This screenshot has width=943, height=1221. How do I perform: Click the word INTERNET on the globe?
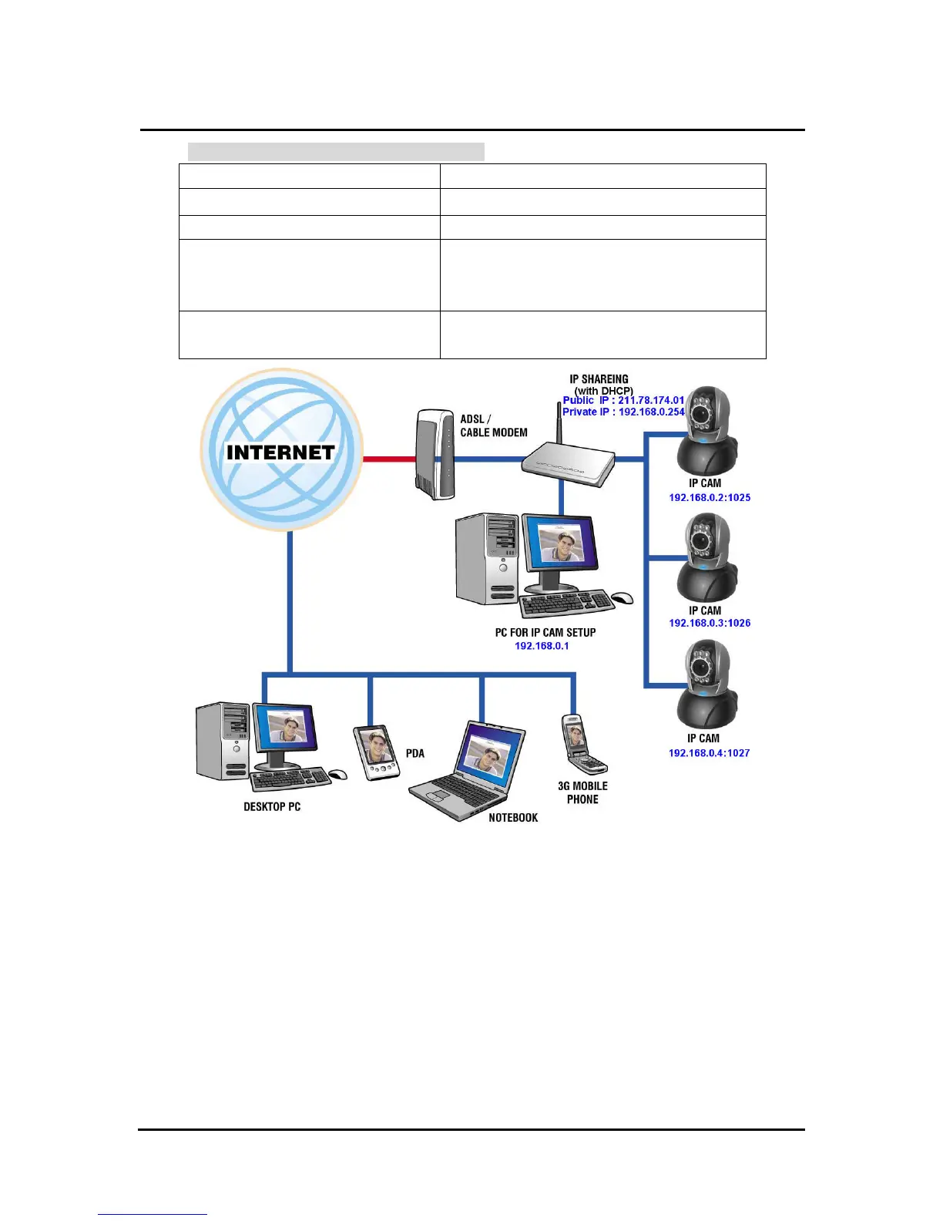[x=280, y=452]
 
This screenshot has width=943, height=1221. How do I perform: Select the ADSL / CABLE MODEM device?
[x=434, y=455]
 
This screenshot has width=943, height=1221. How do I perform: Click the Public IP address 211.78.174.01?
[x=651, y=400]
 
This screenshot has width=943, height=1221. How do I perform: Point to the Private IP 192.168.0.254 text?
[x=651, y=412]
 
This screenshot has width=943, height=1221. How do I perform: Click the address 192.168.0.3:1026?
[x=710, y=623]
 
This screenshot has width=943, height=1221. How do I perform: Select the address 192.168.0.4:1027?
[x=709, y=753]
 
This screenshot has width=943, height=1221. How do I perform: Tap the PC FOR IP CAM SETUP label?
[x=545, y=633]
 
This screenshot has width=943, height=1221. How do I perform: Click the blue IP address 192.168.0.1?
[x=542, y=646]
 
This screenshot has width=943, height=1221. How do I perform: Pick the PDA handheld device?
[x=375, y=752]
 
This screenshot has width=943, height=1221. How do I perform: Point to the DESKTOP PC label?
[x=272, y=807]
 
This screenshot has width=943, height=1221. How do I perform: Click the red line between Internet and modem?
[x=389, y=459]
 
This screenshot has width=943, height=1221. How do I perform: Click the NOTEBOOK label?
[x=513, y=818]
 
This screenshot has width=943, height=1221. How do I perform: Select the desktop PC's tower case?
[x=223, y=741]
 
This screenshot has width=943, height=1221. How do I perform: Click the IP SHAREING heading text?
[x=599, y=379]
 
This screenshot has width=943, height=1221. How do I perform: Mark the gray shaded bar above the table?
[x=336, y=151]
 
